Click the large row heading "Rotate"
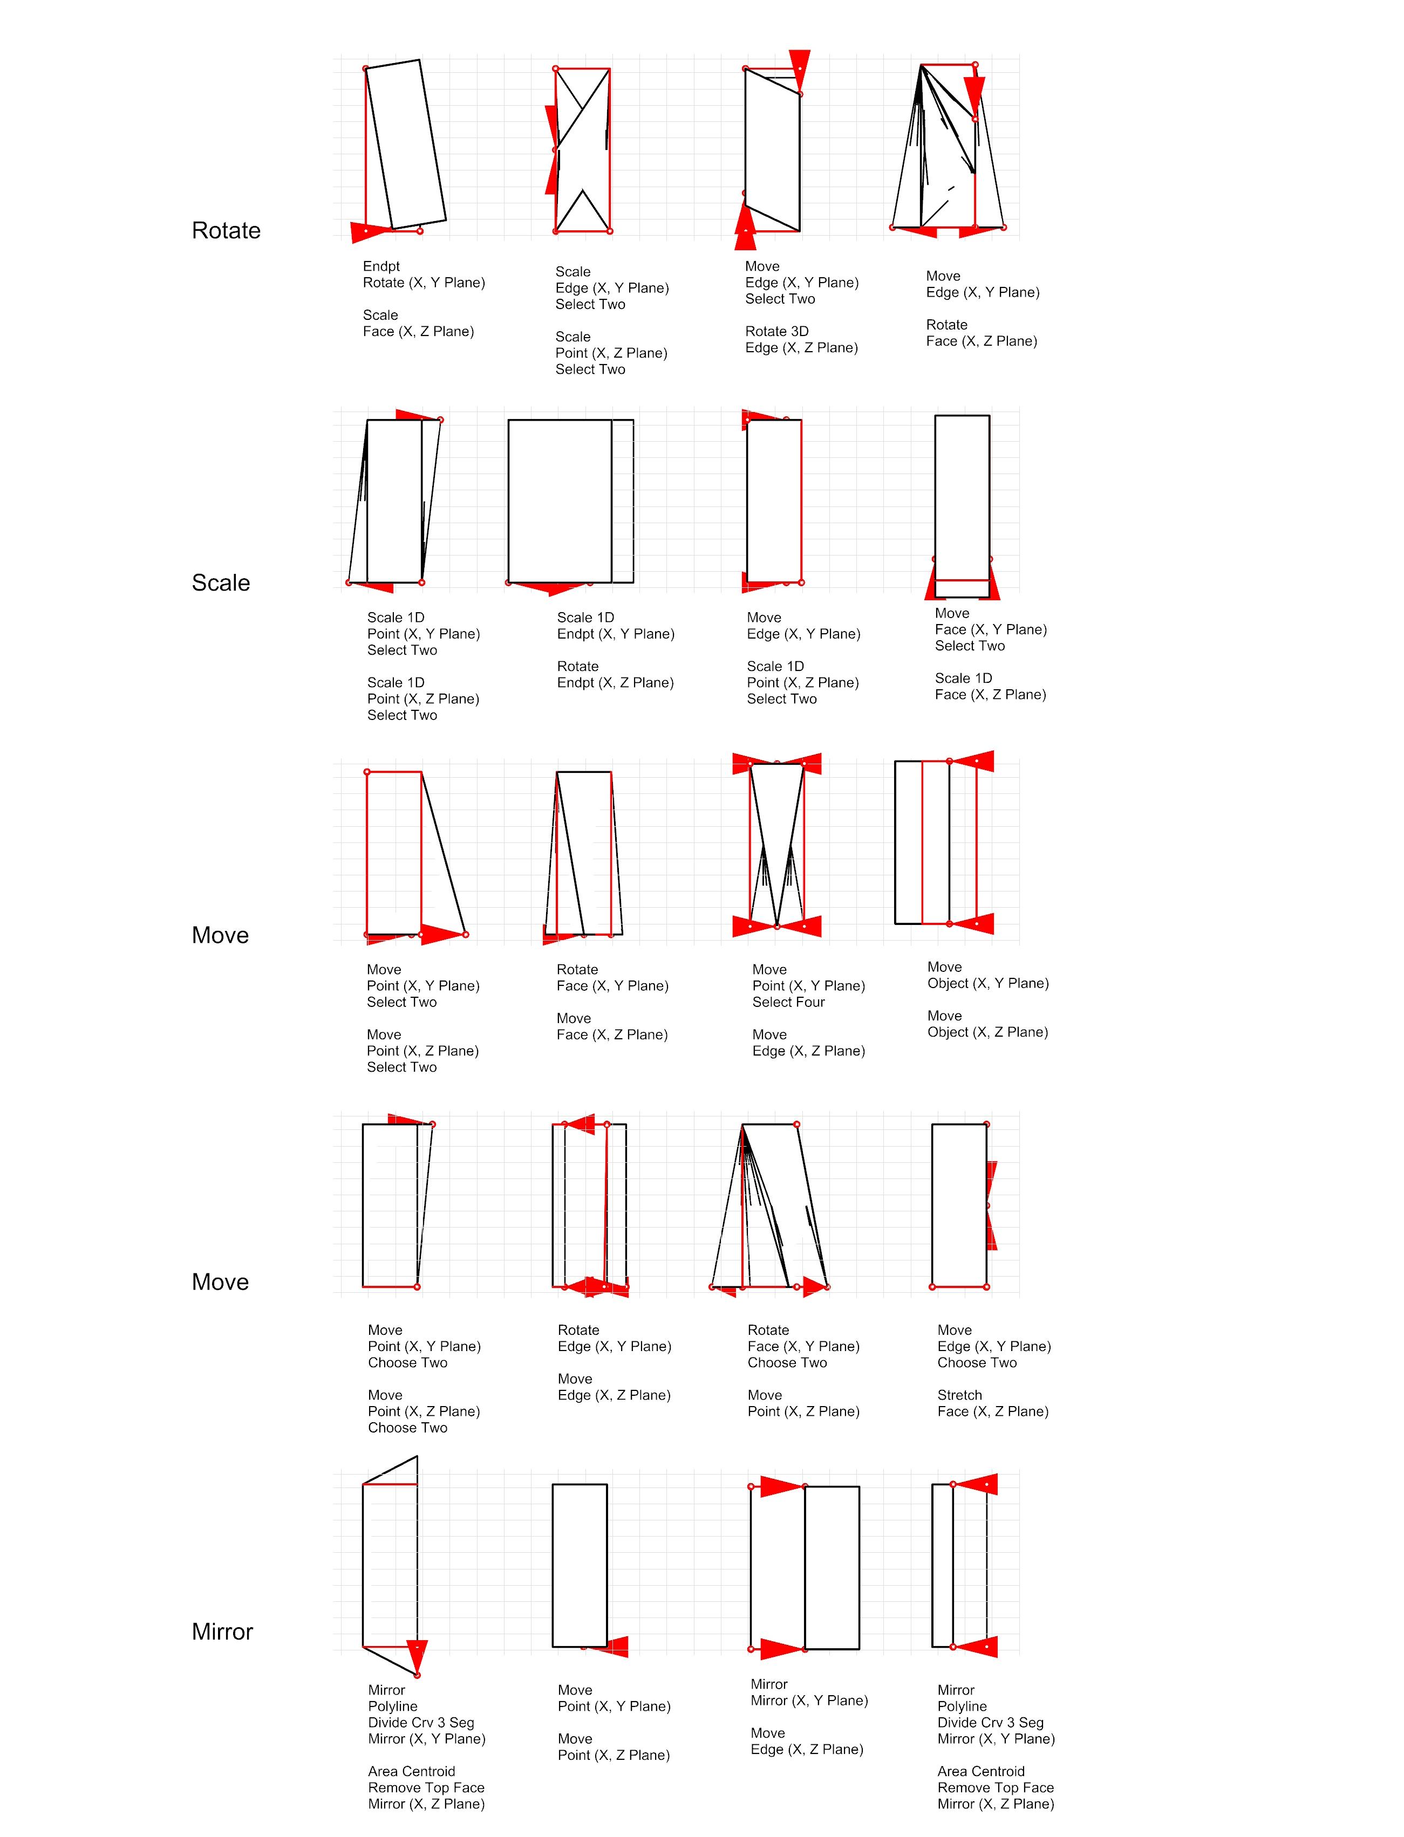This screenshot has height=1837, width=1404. coord(226,230)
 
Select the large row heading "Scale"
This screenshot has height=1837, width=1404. coord(221,582)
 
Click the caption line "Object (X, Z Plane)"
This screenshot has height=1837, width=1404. coord(987,1032)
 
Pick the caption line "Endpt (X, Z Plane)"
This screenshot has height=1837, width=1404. coord(615,682)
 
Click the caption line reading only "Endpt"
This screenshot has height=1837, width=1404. coord(381,266)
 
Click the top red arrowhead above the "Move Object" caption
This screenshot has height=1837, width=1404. coord(976,761)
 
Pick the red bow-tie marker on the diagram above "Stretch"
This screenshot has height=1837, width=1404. coord(991,1204)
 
